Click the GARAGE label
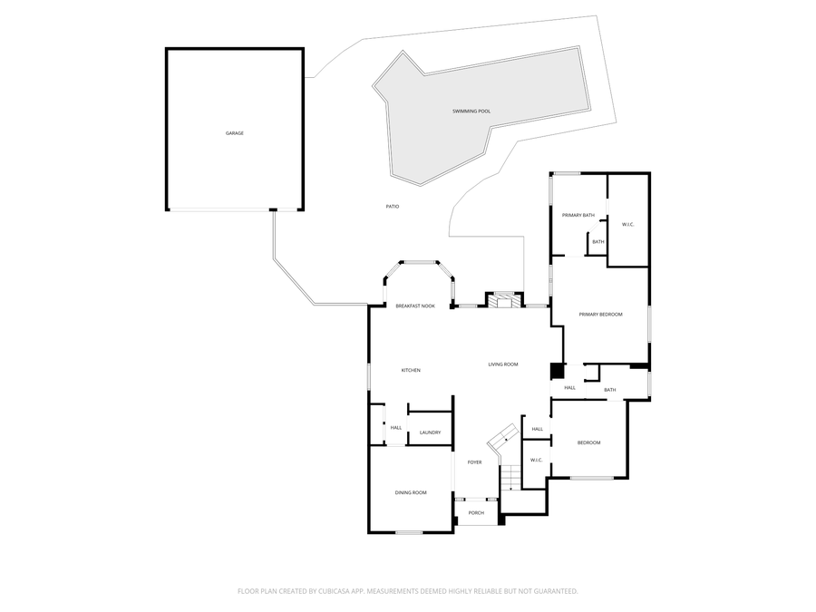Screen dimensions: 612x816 pyautogui.click(x=235, y=133)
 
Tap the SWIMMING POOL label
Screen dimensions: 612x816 pyautogui.click(x=471, y=112)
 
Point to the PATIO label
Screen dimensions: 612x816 pyautogui.click(x=393, y=207)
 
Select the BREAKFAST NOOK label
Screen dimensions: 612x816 pyautogui.click(x=415, y=306)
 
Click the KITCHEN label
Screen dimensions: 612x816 pyautogui.click(x=411, y=370)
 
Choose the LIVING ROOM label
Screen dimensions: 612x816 pyautogui.click(x=503, y=364)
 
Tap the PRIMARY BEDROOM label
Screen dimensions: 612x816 pyautogui.click(x=601, y=315)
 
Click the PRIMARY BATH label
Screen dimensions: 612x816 pyautogui.click(x=578, y=215)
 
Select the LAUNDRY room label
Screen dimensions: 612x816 pyautogui.click(x=430, y=432)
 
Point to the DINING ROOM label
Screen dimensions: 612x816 pyautogui.click(x=411, y=492)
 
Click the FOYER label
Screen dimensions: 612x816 pyautogui.click(x=474, y=462)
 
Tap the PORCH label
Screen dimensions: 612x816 pyautogui.click(x=476, y=513)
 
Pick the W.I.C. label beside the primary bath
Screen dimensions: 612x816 pyautogui.click(x=627, y=224)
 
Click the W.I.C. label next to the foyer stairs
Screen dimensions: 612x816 pyautogui.click(x=536, y=460)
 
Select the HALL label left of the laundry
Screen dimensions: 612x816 pyautogui.click(x=396, y=427)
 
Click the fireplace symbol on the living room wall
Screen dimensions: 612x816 pyautogui.click(x=505, y=300)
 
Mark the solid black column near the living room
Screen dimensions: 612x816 pyautogui.click(x=557, y=371)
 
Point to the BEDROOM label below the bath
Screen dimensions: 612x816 pyautogui.click(x=589, y=442)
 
